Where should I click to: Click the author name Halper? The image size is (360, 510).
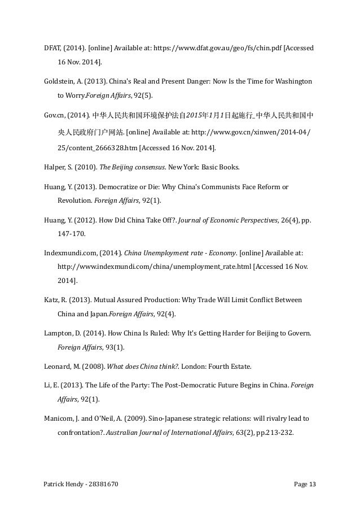click(54, 167)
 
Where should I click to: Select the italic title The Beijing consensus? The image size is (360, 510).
click(129, 167)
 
